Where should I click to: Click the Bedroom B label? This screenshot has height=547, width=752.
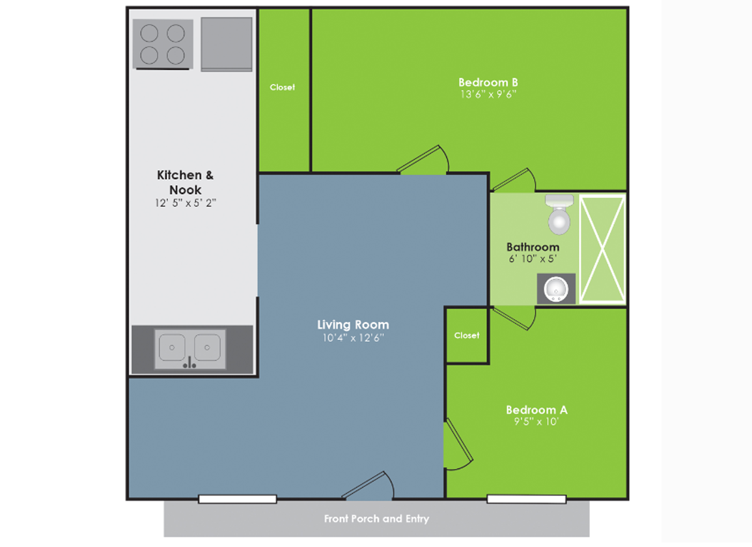click(x=488, y=83)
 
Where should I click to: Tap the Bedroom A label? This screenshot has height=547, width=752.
click(x=536, y=410)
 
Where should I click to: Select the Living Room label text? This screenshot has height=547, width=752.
click(x=353, y=325)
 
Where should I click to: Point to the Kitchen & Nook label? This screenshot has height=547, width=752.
click(x=186, y=182)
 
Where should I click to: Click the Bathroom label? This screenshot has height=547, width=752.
click(x=533, y=247)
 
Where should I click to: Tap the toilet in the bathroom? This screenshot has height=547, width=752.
click(x=559, y=214)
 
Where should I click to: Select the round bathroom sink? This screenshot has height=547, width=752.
click(x=556, y=289)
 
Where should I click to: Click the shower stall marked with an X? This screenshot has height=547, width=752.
click(x=602, y=249)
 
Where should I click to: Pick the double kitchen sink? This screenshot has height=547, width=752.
click(x=190, y=349)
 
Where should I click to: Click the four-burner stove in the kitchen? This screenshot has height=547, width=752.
click(x=163, y=44)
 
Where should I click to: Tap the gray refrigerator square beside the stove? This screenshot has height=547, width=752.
click(x=227, y=44)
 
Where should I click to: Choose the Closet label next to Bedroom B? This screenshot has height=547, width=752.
click(x=282, y=87)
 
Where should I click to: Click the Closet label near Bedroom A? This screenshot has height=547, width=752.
click(x=467, y=335)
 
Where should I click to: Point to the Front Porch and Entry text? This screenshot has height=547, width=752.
click(x=376, y=519)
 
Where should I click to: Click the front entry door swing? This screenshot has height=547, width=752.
click(x=369, y=486)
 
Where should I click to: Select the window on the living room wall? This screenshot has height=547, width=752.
click(x=238, y=499)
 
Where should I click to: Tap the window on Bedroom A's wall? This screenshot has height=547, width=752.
click(x=527, y=499)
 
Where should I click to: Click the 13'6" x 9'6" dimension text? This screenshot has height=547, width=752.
click(x=488, y=94)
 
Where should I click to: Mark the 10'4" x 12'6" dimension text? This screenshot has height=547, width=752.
click(x=353, y=338)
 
